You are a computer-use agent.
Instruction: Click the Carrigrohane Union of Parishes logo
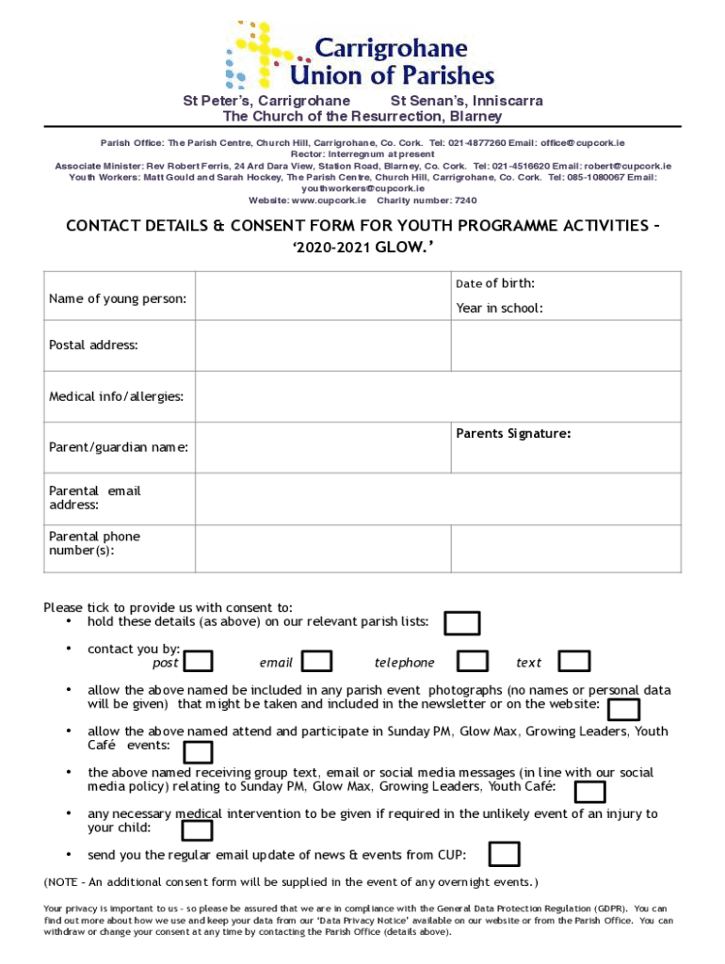coord(362,55)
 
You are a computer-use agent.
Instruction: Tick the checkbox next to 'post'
coord(198,662)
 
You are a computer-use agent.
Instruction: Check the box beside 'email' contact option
coord(317,662)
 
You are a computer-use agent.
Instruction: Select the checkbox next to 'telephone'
coord(473,662)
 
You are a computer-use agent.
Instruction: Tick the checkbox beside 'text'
coord(574,662)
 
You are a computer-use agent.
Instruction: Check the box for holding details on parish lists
coord(462,623)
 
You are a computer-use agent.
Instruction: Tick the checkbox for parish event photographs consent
coord(624,710)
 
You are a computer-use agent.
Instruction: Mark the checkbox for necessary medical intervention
coord(197,830)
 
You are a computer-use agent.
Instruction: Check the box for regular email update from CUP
coord(505,854)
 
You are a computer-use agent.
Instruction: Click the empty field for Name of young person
coord(322,297)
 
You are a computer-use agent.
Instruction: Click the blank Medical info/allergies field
coord(438,396)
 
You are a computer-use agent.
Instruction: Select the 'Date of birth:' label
coord(495,283)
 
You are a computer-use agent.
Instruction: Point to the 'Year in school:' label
coord(499,308)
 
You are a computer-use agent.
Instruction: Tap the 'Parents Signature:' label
coord(513,434)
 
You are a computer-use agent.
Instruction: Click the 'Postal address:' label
coord(93,345)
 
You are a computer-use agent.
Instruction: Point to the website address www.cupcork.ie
coord(329,201)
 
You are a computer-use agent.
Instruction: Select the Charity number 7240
coord(427,201)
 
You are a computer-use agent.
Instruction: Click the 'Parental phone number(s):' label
coord(94,543)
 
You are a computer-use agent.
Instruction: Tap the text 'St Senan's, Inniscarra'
coord(466,101)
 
